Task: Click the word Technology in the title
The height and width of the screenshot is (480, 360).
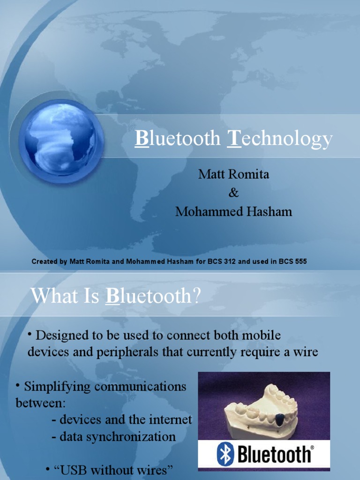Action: (x=279, y=139)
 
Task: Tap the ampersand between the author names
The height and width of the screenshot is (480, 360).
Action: (x=233, y=193)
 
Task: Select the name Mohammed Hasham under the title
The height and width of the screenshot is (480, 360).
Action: (x=233, y=211)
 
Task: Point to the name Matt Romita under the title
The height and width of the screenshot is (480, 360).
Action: (x=233, y=174)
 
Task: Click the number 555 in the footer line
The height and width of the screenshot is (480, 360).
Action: (x=300, y=262)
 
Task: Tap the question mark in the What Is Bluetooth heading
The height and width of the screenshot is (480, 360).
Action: (x=196, y=296)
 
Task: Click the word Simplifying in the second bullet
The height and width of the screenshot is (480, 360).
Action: (x=58, y=387)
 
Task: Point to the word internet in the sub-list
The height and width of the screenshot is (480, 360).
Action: (x=170, y=420)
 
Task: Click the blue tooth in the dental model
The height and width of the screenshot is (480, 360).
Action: (x=279, y=420)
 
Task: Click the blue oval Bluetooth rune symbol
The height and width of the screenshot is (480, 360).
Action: (x=225, y=454)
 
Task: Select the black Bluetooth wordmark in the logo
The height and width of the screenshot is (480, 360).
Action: (x=274, y=454)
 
